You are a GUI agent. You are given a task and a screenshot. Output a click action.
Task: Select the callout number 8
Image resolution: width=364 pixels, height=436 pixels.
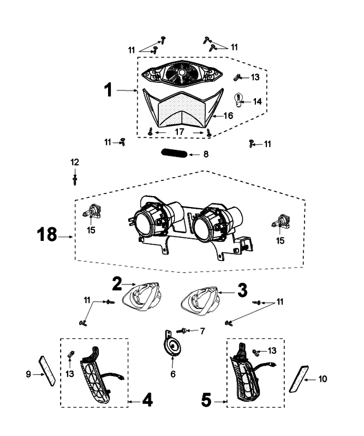click(205, 154)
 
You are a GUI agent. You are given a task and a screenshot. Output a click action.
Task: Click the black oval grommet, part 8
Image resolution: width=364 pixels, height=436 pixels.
click(174, 154)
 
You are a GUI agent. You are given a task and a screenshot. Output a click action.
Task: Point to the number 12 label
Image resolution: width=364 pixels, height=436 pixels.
click(75, 162)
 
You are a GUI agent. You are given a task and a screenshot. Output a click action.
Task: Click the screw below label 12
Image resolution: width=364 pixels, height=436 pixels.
click(75, 178)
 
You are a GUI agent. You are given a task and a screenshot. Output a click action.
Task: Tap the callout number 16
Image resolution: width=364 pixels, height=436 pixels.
click(228, 115)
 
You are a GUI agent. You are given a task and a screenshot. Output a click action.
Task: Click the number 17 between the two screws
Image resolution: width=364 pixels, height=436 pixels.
click(179, 131)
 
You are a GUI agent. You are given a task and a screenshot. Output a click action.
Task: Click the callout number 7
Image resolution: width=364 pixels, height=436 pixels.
click(202, 331)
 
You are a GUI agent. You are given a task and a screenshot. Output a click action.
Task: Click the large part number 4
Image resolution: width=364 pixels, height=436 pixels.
click(147, 401)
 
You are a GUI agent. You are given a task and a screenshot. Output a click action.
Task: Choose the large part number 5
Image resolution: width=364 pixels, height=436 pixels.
click(206, 401)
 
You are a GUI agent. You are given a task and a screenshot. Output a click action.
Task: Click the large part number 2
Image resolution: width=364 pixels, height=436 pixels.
click(117, 283)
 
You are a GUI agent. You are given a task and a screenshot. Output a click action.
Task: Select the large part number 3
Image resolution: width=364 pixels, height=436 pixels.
click(241, 289)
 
